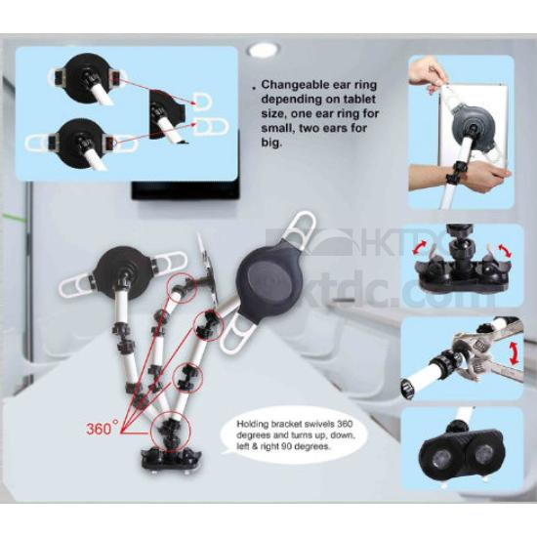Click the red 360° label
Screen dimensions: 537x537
pyautogui.click(x=103, y=428)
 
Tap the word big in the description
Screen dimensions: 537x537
pyautogui.click(x=271, y=143)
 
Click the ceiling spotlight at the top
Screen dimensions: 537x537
pyautogui.click(x=264, y=51)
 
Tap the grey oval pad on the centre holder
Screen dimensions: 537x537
pyautogui.click(x=270, y=278)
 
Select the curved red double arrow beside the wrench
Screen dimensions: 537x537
pyautogui.click(x=513, y=352)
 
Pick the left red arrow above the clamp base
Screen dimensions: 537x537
pyautogui.click(x=420, y=247)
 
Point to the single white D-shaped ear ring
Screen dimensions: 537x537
pyautogui.click(x=202, y=102)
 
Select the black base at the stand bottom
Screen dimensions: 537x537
pyautogui.click(x=171, y=460)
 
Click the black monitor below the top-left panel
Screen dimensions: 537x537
pyautogui.click(x=186, y=190)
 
